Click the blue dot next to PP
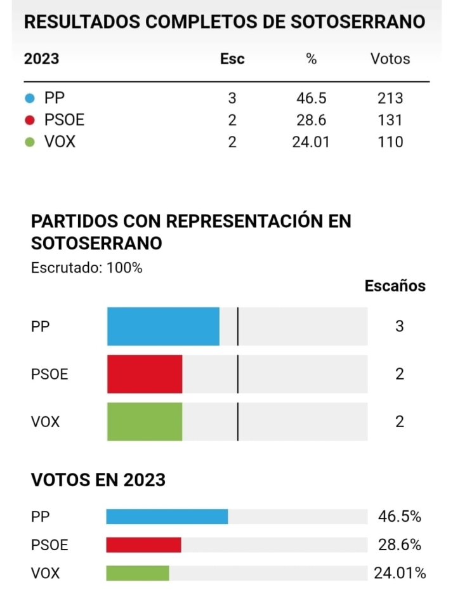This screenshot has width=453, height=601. (29, 98)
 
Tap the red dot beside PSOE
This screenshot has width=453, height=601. (29, 120)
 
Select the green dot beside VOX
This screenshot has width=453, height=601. (29, 142)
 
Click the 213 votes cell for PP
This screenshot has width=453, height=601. (390, 98)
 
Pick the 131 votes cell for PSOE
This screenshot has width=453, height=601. (390, 120)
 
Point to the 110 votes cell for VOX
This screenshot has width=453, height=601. (390, 142)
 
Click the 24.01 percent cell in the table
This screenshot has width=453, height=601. (311, 142)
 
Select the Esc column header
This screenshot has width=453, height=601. (232, 59)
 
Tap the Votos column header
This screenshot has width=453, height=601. (390, 59)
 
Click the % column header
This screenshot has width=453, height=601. (311, 59)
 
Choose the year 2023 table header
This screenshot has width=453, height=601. (41, 59)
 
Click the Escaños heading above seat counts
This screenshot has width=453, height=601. (395, 286)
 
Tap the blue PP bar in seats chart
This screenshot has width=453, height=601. (163, 326)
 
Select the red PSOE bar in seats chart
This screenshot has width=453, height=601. (145, 374)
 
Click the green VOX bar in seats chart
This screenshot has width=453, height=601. (145, 421)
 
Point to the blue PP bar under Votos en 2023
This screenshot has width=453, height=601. (167, 517)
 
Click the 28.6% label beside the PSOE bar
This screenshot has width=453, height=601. (400, 545)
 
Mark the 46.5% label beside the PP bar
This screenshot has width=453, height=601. (400, 517)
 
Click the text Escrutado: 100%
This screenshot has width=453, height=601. (87, 268)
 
